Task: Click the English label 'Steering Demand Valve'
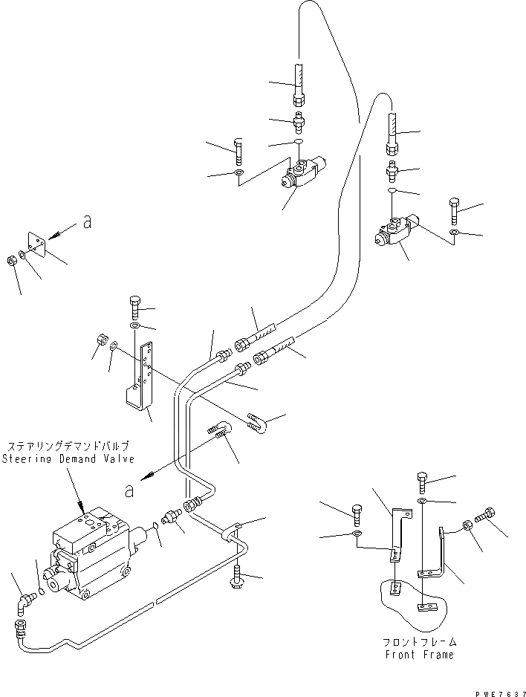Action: [68, 458]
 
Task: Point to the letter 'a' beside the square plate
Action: [87, 222]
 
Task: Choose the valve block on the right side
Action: [395, 230]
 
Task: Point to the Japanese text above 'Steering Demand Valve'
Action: [68, 447]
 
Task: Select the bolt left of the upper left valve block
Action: [237, 151]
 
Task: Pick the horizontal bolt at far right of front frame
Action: [487, 513]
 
